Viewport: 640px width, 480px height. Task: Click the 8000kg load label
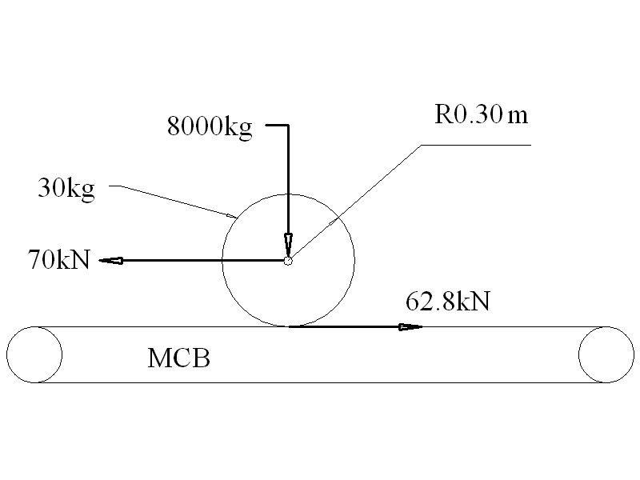210,127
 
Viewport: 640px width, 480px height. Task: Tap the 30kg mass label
66,189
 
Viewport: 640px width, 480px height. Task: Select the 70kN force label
58,259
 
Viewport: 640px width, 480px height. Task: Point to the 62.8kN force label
448,302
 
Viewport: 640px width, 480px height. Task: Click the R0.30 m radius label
482,114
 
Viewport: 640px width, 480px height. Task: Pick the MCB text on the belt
178,358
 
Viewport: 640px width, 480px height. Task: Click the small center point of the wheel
288,261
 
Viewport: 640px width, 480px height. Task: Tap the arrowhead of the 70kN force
111,261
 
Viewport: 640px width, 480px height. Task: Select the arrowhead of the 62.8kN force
410,326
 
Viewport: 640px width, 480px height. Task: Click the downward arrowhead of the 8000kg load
288,245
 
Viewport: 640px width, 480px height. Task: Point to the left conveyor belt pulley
34,354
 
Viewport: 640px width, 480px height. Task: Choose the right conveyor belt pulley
606,354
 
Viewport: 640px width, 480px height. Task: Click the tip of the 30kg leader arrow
236,218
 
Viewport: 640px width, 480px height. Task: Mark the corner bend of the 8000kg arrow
288,125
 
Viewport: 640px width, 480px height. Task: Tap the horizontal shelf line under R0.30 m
476,145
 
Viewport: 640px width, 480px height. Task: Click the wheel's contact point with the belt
289,326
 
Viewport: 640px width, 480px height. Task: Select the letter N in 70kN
82,259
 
